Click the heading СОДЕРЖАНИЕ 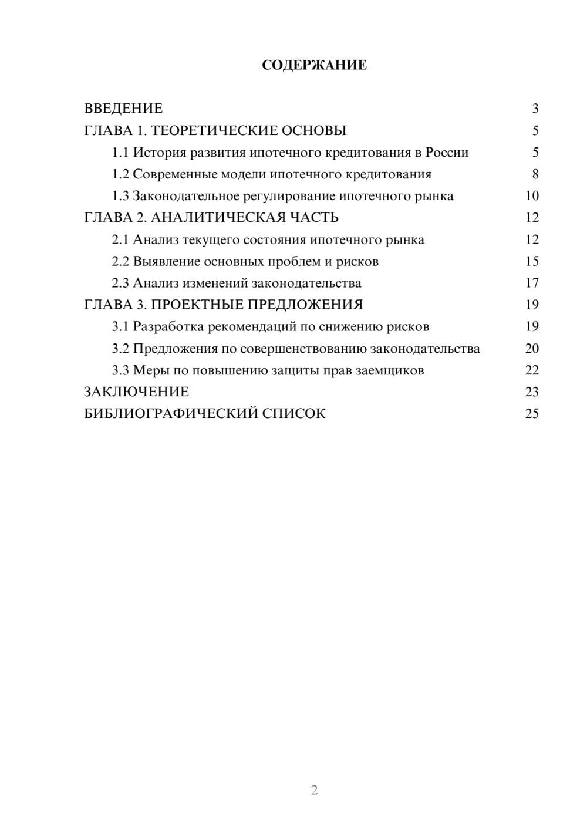click(x=314, y=65)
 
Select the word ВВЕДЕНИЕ click(x=123, y=109)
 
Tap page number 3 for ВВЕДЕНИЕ click(x=535, y=109)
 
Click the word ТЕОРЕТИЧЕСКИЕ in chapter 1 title click(x=213, y=130)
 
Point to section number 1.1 click(x=120, y=153)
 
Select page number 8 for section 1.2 click(x=535, y=174)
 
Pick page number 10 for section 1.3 click(x=532, y=196)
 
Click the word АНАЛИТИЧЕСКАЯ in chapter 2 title click(x=218, y=218)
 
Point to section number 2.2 click(x=120, y=261)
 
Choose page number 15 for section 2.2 click(x=532, y=261)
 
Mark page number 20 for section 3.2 click(x=532, y=349)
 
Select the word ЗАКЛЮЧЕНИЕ click(x=137, y=392)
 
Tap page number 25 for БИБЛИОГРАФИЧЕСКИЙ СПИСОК click(x=532, y=414)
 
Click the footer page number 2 click(x=314, y=790)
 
